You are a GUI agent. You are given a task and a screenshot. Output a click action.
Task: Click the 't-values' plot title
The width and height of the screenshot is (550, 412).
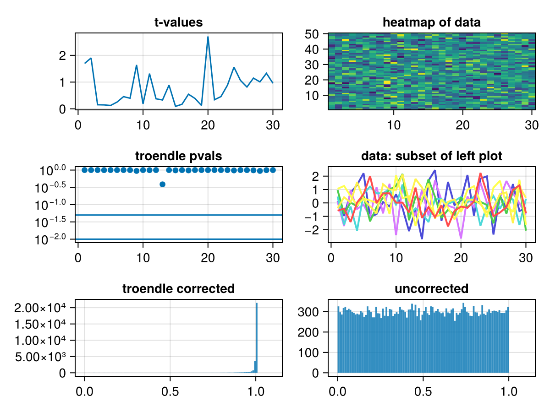click(x=178, y=22)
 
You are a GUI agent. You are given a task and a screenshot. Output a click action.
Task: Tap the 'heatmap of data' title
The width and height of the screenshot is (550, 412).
click(x=432, y=22)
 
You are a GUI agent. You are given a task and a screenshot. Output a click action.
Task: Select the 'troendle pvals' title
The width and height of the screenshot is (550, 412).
click(x=178, y=156)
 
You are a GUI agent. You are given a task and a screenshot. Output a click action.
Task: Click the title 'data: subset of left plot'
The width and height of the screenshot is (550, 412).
click(x=432, y=156)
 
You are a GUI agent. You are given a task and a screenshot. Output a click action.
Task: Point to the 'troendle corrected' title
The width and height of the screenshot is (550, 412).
click(x=178, y=289)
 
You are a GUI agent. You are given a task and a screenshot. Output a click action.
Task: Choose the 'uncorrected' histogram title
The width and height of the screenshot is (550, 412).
click(x=432, y=289)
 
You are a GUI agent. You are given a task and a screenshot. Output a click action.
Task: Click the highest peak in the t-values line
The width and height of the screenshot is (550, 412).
click(x=208, y=37)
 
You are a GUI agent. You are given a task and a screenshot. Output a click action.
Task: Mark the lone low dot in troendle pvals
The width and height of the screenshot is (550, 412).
click(x=162, y=184)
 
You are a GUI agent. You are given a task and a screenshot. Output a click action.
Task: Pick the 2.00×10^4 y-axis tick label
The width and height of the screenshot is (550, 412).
click(x=40, y=308)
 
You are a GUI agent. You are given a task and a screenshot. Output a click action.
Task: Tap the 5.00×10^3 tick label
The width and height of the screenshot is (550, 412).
click(x=40, y=357)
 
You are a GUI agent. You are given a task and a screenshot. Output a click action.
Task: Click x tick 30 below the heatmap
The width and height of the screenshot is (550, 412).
click(x=531, y=125)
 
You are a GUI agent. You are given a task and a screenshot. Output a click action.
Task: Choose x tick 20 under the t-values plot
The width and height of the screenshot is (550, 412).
click(x=208, y=125)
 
